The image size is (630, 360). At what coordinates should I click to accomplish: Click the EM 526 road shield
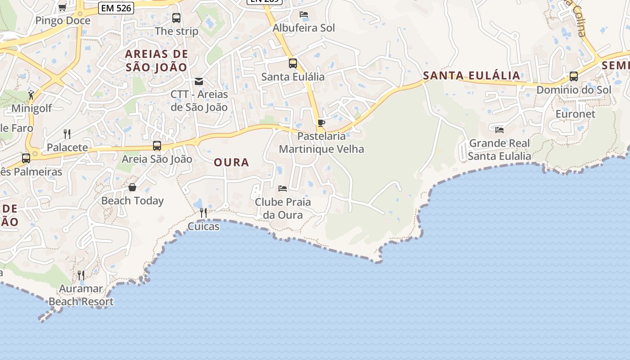[116, 8]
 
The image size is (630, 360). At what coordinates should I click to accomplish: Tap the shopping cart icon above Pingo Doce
[63, 7]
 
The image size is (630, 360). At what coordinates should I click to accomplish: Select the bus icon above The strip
[176, 18]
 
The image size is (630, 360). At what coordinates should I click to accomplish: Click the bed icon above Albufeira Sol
[304, 14]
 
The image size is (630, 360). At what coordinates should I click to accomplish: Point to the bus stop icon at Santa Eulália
[293, 63]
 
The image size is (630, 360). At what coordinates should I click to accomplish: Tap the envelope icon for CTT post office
[199, 81]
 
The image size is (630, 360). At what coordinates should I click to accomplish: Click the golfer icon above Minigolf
[31, 95]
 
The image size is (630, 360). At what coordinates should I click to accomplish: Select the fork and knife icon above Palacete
[67, 134]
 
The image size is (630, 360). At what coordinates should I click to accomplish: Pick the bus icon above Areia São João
[157, 146]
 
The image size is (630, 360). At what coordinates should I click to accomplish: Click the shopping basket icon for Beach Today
[132, 187]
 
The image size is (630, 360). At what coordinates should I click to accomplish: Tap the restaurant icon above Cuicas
[203, 212]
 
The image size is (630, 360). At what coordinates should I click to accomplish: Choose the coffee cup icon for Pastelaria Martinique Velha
[321, 123]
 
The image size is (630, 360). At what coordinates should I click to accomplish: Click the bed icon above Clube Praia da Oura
[283, 188]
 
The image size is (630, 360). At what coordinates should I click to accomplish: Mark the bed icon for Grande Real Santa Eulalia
[499, 130]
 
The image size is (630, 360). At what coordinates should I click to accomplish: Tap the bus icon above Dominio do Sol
[574, 76]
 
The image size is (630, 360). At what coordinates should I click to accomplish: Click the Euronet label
[575, 114]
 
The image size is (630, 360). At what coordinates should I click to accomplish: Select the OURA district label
[231, 162]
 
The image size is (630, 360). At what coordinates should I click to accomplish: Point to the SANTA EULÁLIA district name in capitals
[472, 75]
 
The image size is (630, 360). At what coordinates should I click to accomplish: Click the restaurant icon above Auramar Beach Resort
[81, 275]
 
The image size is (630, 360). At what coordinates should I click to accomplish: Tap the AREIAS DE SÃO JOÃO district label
[156, 61]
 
